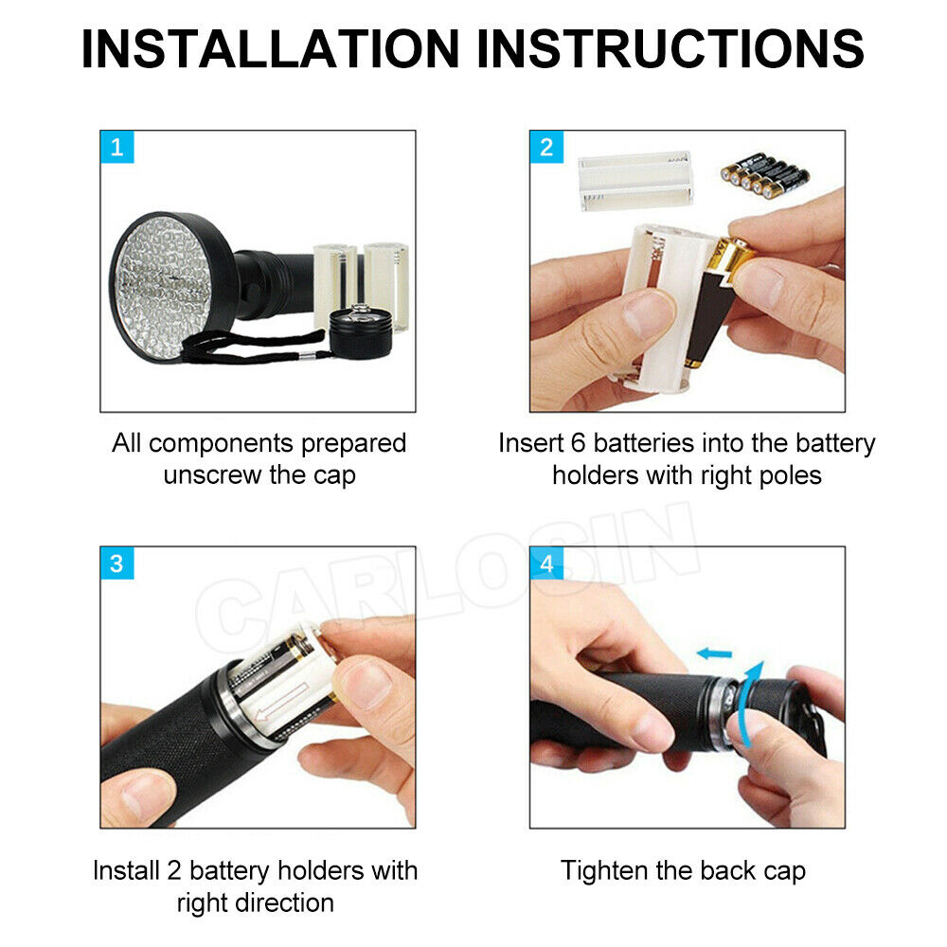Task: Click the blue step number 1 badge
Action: click(x=116, y=147)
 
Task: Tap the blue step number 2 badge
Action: click(x=545, y=147)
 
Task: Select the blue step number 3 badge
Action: click(x=116, y=563)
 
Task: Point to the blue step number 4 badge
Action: click(x=545, y=563)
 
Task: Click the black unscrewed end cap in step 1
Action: click(x=361, y=331)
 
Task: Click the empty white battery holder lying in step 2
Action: click(x=635, y=180)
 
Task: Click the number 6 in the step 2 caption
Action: click(x=580, y=443)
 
